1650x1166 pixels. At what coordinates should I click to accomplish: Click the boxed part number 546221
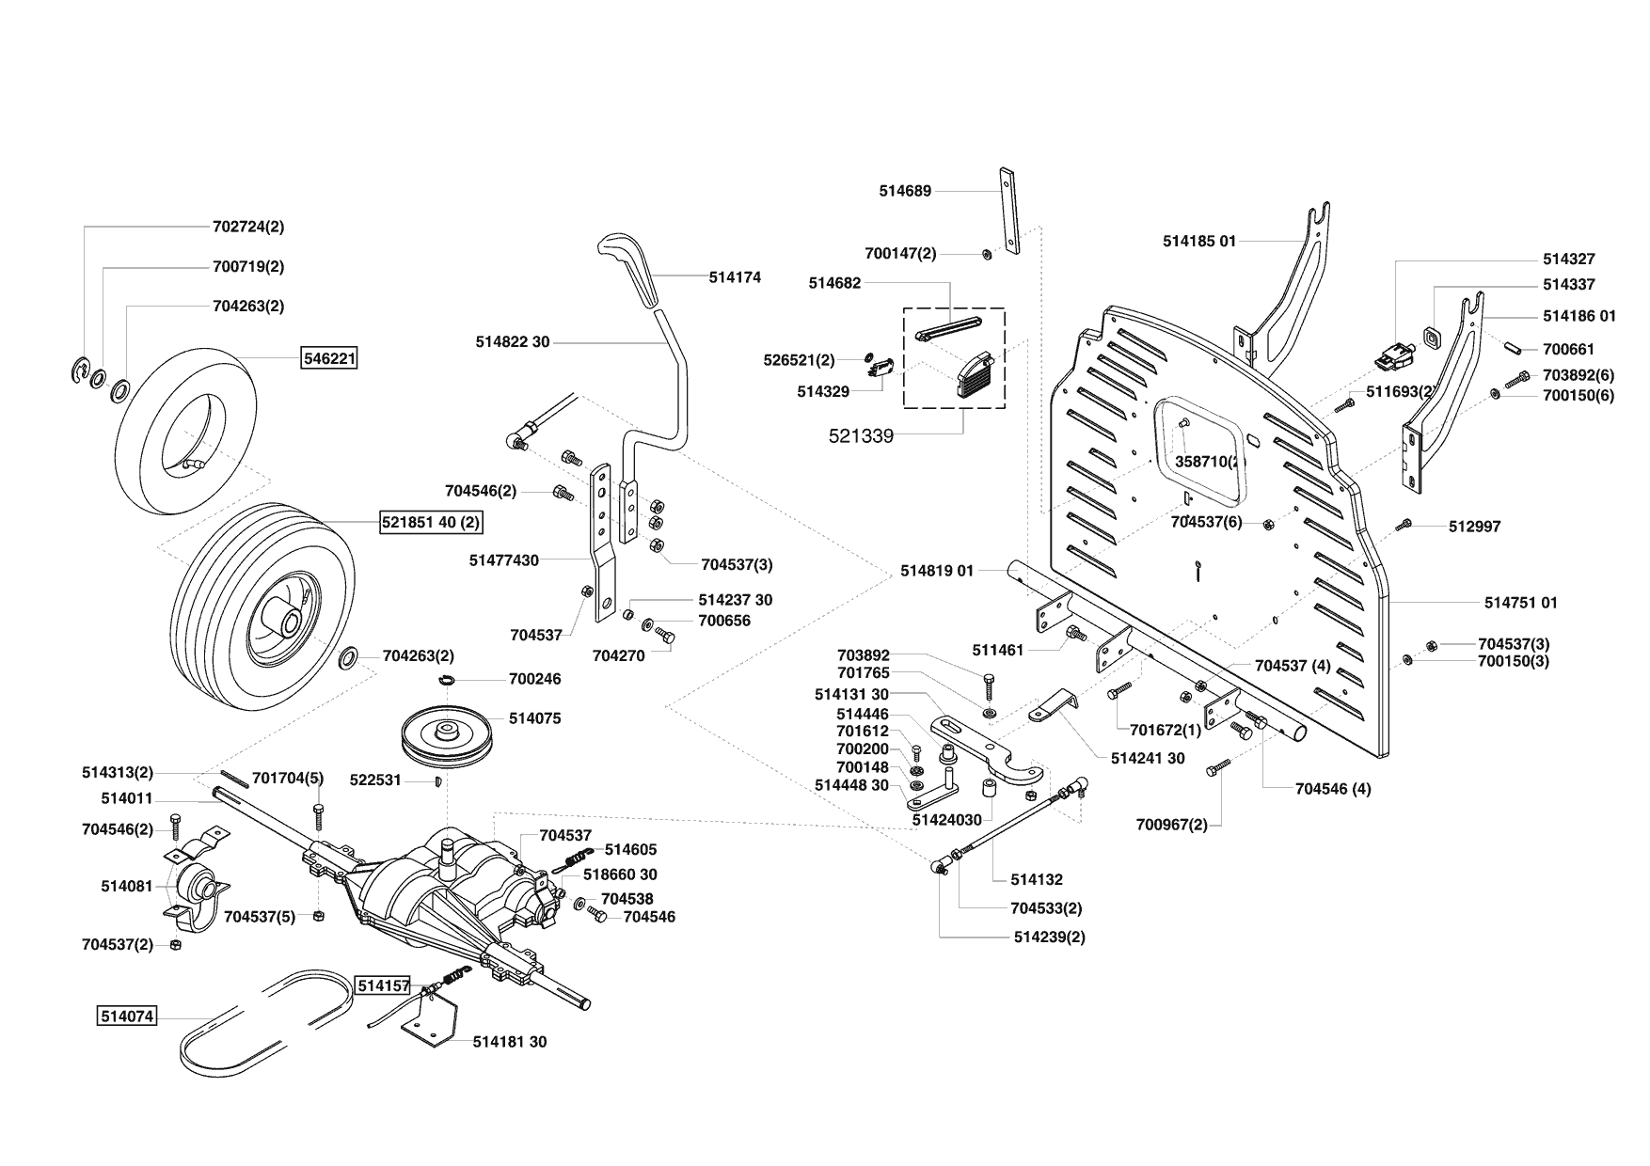pos(328,358)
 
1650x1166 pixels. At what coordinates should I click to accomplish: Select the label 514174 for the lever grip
pos(735,277)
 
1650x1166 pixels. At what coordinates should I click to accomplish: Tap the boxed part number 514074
pos(126,1016)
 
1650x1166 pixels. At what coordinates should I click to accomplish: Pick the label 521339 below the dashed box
pos(860,435)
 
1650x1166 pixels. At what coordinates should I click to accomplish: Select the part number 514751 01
pos(1520,602)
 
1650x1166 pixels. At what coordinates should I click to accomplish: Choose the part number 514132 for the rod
pos(1036,879)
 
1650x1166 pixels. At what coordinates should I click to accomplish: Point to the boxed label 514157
pos(383,985)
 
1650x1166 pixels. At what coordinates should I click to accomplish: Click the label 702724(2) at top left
pos(248,227)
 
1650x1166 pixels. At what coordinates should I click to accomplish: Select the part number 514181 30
pos(509,1041)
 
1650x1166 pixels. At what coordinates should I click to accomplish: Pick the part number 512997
pos(1474,527)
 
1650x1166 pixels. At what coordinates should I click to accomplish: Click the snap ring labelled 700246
pos(447,679)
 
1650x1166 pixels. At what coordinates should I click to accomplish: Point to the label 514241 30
pos(1147,758)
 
